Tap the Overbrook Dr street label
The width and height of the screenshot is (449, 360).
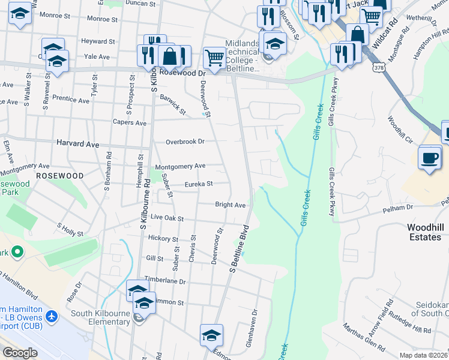click(x=185, y=142)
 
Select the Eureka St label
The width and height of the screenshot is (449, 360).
click(x=198, y=184)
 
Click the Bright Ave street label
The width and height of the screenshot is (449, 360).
click(x=230, y=205)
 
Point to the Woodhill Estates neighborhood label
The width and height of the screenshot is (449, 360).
click(x=424, y=232)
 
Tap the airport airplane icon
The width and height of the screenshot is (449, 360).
click(x=52, y=316)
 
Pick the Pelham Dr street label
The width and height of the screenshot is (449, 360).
click(x=401, y=207)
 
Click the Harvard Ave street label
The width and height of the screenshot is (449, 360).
click(x=77, y=144)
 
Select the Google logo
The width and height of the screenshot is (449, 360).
click(x=20, y=353)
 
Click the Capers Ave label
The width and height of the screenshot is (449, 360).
click(x=130, y=123)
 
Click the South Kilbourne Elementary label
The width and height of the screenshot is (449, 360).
click(x=100, y=317)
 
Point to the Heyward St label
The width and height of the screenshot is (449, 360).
click(x=98, y=41)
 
